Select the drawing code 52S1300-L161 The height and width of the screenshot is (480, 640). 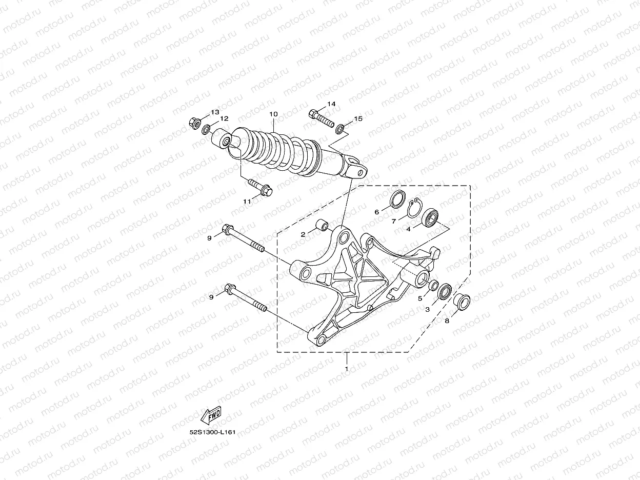212,432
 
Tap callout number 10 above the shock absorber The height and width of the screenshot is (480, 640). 273,114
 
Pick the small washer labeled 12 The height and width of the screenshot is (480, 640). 207,129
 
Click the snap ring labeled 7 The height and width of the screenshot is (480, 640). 414,209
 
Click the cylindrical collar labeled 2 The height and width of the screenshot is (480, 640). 322,226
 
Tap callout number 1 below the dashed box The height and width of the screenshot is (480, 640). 347,368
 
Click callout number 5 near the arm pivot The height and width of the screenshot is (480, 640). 419,298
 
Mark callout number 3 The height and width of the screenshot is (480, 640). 427,309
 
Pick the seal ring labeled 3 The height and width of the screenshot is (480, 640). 445,291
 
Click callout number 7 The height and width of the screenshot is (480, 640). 394,222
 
